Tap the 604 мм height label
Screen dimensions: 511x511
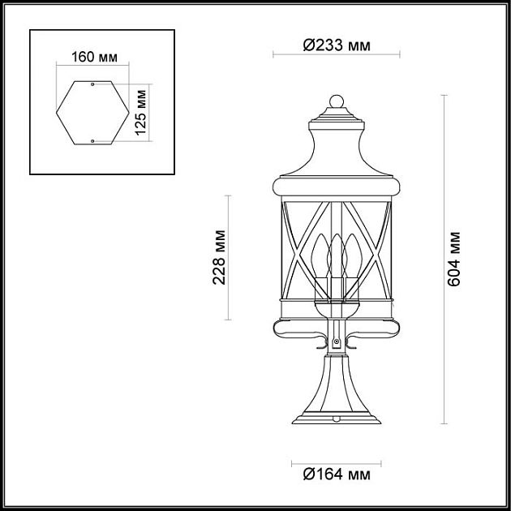(x=456, y=259)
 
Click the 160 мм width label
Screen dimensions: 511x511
(x=93, y=57)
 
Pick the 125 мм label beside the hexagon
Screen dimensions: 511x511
(x=141, y=113)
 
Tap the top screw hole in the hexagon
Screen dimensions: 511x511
(x=93, y=84)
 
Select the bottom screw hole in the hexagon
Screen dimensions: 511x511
(x=93, y=141)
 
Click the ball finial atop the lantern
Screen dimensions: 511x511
(x=337, y=103)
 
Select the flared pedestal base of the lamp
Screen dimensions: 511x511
(x=335, y=397)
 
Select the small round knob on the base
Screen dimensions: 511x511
(x=335, y=414)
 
